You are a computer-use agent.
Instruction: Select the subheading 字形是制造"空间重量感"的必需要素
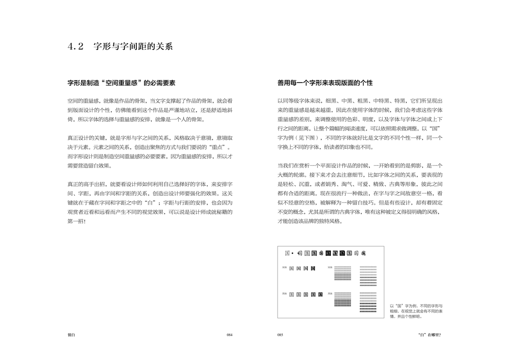coord(121,83)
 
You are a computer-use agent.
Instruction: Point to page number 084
coord(230,335)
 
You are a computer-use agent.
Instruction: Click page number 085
coord(280,335)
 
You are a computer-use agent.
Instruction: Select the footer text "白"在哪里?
coord(429,335)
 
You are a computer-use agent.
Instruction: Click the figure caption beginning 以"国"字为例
coord(416,311)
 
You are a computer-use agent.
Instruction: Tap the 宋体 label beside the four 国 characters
coord(284,267)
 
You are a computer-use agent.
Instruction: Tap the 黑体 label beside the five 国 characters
coord(284,293)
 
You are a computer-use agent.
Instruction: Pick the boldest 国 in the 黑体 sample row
coord(320,294)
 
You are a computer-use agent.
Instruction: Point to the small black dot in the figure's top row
coord(293,253)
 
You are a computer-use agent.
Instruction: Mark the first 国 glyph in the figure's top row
coord(287,253)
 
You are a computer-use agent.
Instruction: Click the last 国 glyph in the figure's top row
coord(364,253)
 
